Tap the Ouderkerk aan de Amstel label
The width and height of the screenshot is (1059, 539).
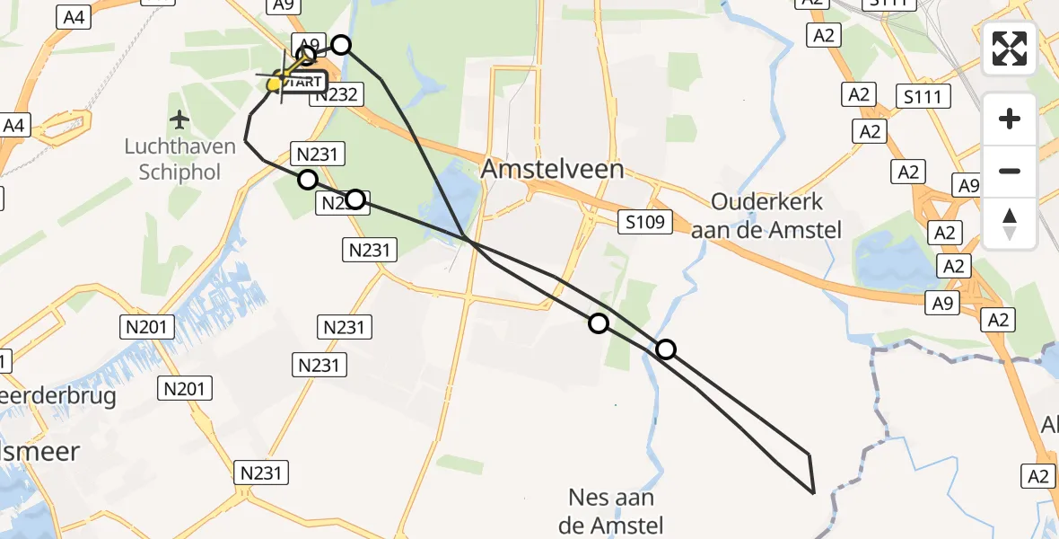pyautogui.click(x=766, y=216)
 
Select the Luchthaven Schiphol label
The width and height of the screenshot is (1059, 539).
pyautogui.click(x=179, y=159)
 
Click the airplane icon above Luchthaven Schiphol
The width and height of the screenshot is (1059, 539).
pyautogui.click(x=179, y=119)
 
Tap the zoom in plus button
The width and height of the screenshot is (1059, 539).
pyautogui.click(x=1010, y=119)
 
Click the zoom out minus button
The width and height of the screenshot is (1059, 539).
pyautogui.click(x=1010, y=171)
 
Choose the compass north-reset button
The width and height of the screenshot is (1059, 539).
pyautogui.click(x=1010, y=223)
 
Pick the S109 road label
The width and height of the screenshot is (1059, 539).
pyautogui.click(x=645, y=220)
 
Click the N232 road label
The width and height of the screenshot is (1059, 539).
pyautogui.click(x=337, y=94)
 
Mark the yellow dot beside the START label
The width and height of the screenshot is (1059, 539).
pyautogui.click(x=275, y=84)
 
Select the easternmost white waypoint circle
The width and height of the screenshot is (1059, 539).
pyautogui.click(x=666, y=349)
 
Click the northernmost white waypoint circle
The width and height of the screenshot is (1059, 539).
pyautogui.click(x=341, y=45)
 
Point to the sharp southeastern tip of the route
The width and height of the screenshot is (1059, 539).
pyautogui.click(x=813, y=493)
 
